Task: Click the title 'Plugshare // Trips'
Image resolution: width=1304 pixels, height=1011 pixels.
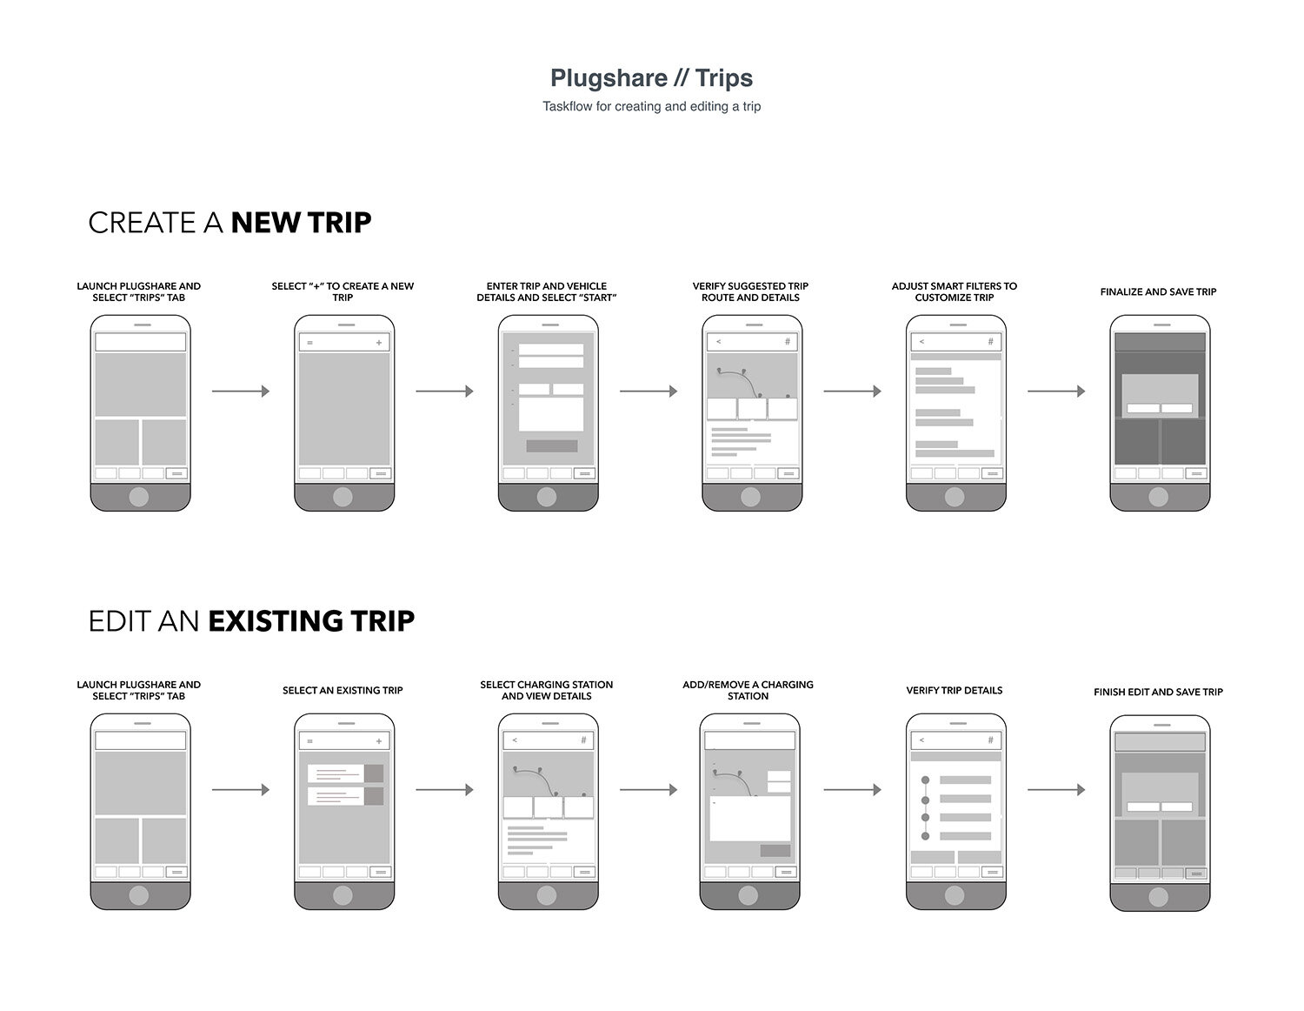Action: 651,78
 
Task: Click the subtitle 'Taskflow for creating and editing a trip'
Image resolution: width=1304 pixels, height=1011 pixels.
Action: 651,106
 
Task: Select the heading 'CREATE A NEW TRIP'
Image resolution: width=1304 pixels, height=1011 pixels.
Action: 230,223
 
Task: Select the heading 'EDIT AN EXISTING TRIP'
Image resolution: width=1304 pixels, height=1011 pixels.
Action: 251,621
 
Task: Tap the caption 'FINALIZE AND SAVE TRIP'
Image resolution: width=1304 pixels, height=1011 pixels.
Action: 1158,291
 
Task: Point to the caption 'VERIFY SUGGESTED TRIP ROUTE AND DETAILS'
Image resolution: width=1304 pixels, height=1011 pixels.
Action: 750,291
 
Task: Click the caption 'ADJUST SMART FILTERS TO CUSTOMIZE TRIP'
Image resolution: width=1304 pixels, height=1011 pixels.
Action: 954,291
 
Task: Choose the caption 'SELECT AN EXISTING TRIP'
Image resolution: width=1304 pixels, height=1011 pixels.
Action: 343,690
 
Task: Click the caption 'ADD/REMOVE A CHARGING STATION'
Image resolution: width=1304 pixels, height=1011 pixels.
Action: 748,690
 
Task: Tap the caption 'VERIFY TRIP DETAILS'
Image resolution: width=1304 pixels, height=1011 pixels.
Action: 954,690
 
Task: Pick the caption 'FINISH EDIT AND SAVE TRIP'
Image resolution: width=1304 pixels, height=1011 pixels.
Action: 1158,692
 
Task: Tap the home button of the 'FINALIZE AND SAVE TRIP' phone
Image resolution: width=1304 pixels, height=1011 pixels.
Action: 1158,497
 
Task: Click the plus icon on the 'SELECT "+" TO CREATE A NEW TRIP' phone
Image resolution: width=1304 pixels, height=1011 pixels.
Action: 379,343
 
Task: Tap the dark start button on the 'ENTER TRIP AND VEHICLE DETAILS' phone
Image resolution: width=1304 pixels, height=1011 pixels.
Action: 551,445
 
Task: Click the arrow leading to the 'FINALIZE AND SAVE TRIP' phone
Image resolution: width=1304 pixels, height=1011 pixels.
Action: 1056,392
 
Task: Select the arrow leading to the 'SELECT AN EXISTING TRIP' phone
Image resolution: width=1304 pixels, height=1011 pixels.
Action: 240,790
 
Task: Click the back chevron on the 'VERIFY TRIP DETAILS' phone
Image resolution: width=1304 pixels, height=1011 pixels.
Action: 921,740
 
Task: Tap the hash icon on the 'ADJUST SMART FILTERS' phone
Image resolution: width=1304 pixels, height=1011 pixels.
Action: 990,342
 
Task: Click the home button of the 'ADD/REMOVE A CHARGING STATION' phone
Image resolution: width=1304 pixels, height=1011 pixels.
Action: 748,895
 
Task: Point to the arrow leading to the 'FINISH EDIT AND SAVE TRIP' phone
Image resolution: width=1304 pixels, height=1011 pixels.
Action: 1056,790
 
